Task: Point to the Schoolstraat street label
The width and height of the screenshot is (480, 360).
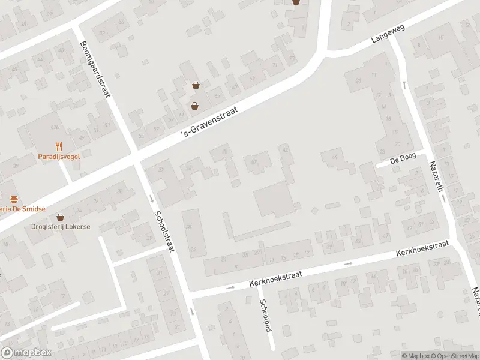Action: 164,231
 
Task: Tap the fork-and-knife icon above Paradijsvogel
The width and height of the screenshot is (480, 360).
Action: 59,146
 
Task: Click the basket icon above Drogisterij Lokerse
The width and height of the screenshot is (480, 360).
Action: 60,217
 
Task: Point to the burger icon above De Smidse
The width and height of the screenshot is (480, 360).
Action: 13,199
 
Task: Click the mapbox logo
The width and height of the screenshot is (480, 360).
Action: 25,353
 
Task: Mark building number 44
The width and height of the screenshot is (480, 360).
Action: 334,157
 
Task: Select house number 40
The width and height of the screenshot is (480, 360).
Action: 253,161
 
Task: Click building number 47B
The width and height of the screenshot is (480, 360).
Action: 55,127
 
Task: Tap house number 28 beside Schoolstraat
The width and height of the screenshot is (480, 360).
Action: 188,227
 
